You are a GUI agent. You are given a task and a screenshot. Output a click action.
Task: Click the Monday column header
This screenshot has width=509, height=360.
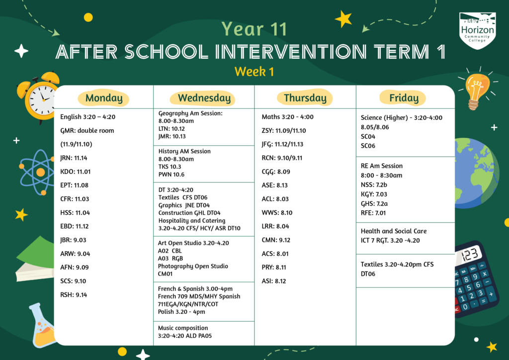click(x=104, y=98)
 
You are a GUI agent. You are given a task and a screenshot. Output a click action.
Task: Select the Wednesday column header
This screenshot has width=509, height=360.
click(x=204, y=98)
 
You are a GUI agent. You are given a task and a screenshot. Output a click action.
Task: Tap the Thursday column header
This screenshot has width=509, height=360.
click(x=305, y=98)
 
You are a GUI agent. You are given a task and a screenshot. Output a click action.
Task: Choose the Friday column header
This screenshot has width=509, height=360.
click(x=404, y=98)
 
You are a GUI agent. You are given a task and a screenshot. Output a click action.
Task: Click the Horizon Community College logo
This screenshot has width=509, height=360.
click(x=477, y=31)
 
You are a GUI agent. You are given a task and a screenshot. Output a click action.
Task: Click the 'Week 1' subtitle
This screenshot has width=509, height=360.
click(x=254, y=72)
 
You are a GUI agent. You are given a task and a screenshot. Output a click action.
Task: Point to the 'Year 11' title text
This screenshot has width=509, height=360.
click(x=254, y=29)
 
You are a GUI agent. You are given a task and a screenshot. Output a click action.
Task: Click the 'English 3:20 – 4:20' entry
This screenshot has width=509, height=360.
click(x=87, y=117)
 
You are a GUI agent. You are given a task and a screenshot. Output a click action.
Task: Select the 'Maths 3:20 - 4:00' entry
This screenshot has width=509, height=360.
click(x=287, y=117)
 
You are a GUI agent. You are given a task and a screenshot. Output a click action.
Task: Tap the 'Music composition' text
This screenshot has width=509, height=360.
click(x=183, y=328)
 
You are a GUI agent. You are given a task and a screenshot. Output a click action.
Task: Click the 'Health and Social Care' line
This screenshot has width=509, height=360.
click(x=394, y=231)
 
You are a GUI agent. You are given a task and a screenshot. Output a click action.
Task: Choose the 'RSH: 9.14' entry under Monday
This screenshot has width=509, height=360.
click(x=74, y=294)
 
